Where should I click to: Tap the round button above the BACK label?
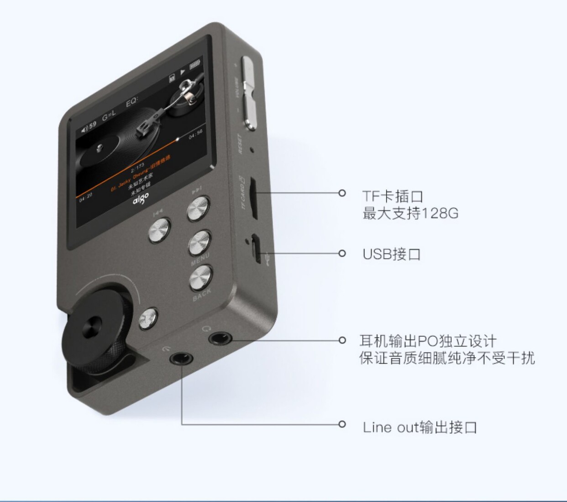click(201, 278)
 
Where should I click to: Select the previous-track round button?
click(160, 231)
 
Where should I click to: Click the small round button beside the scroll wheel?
click(148, 318)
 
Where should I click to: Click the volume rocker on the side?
click(249, 93)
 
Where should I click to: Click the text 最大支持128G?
click(410, 213)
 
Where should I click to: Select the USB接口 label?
click(391, 254)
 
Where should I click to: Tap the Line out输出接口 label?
click(420, 428)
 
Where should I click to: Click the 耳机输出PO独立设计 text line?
click(428, 341)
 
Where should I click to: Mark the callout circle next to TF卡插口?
click(342, 193)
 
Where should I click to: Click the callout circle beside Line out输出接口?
click(342, 424)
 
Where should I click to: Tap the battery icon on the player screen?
click(195, 65)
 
